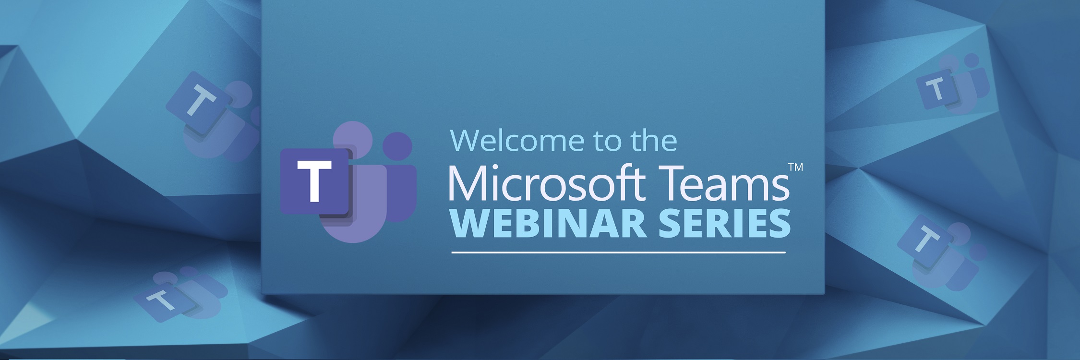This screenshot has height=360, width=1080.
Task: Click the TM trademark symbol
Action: (x=795, y=168)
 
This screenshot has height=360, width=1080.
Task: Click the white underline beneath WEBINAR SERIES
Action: (x=618, y=252)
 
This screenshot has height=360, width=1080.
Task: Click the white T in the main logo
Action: (x=314, y=181)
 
